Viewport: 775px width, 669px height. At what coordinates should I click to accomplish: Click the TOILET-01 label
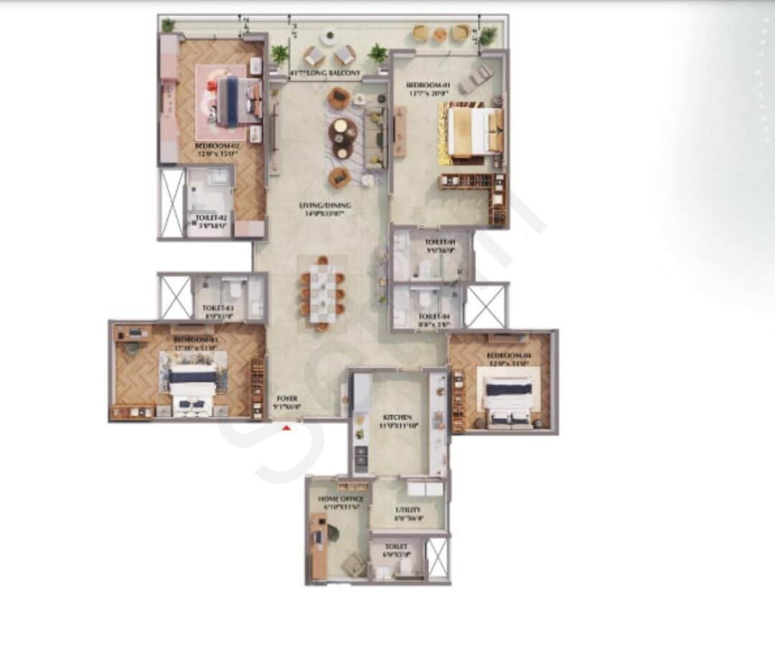point(440,243)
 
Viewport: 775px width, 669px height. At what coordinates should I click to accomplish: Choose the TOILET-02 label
point(211,217)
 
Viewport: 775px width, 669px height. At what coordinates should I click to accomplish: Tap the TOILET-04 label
point(433,316)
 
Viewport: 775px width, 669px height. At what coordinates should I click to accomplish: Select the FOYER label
point(287,398)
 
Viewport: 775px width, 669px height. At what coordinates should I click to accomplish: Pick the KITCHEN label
point(397,417)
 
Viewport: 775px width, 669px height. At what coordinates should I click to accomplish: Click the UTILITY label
point(408,510)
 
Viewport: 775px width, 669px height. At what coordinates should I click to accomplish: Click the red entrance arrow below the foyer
point(287,429)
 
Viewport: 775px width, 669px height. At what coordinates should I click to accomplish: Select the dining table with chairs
point(323,292)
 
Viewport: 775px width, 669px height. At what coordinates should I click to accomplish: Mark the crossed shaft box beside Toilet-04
point(486,306)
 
